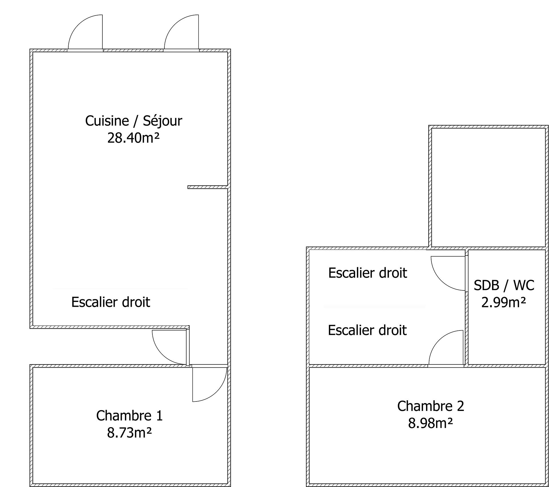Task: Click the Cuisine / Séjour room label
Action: tap(134, 121)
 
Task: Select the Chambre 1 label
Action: tap(129, 416)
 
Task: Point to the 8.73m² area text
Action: tap(129, 433)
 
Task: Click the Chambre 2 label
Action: tap(431, 406)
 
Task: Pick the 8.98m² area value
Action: tap(430, 423)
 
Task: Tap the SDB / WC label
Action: tap(504, 285)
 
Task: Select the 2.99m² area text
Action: tap(504, 302)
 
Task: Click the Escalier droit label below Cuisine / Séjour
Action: tap(111, 302)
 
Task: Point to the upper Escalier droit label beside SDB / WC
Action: tap(367, 273)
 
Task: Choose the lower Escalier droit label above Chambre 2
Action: tap(367, 330)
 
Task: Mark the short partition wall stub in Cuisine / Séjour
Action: tap(207, 187)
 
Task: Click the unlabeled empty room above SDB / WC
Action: tap(488, 187)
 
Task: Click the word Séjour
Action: tap(162, 121)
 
